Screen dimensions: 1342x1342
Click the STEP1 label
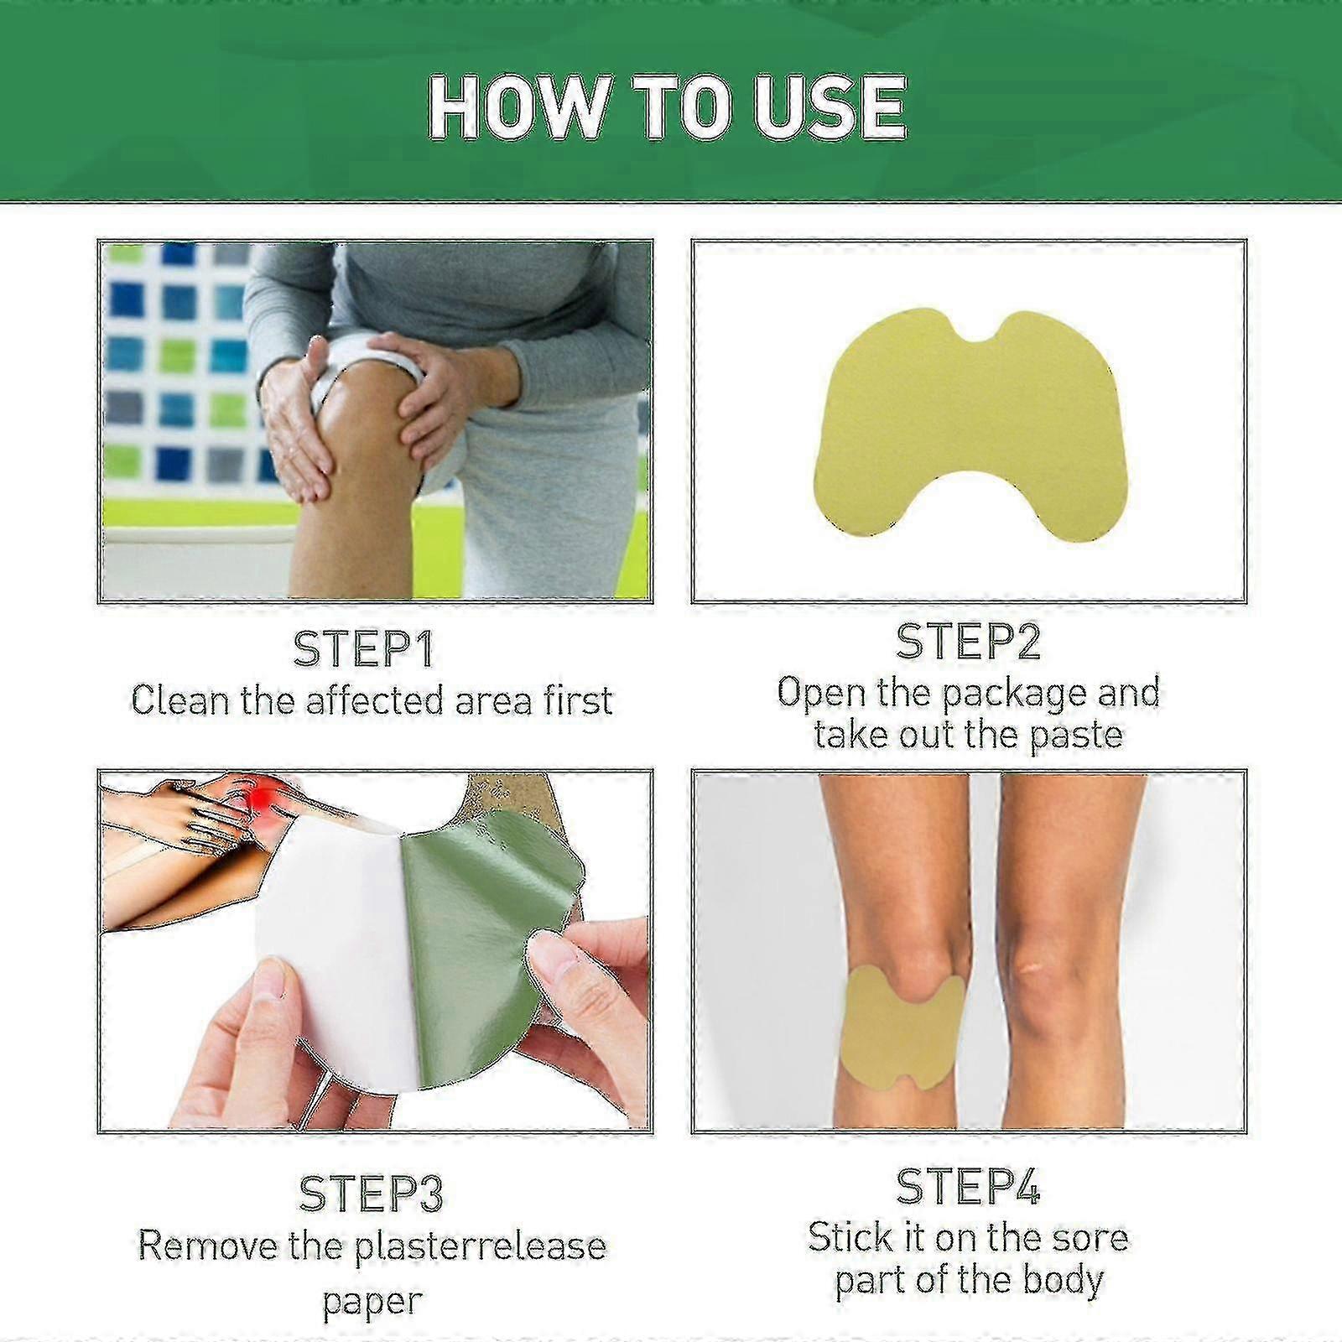363,649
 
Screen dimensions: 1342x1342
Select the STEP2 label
968,642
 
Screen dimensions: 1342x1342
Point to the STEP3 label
371,1194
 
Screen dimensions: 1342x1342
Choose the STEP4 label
968,1187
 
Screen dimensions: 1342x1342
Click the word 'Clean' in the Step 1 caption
179,700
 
